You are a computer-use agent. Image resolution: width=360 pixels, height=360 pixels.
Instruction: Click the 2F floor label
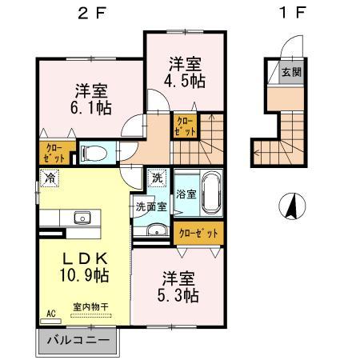point(92,14)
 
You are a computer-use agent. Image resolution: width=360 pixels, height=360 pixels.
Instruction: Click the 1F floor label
point(292,13)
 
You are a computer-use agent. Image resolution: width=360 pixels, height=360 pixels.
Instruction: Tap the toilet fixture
point(94,154)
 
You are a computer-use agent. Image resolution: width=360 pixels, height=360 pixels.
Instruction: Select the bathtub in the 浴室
point(212,193)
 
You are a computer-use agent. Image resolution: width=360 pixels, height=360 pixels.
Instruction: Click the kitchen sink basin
point(82,218)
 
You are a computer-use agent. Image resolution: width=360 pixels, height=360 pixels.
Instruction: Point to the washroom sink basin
point(157,230)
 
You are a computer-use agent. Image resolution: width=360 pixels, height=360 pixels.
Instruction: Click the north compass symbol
point(292,206)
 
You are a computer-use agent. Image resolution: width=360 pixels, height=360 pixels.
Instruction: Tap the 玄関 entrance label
point(292,72)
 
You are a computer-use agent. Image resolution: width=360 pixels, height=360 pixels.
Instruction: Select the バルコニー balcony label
point(78,341)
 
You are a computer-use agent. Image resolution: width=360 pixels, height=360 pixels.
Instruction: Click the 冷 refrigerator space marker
point(50,178)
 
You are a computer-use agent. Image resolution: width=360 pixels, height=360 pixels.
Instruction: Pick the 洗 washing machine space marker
point(157,178)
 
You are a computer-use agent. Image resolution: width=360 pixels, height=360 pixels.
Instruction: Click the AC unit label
point(51,314)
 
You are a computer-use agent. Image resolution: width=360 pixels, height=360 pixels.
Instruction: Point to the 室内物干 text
point(91,307)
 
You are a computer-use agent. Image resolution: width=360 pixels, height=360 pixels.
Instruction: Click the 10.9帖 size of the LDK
point(84,275)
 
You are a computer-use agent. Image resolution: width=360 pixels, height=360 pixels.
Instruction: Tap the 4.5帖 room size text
point(185,81)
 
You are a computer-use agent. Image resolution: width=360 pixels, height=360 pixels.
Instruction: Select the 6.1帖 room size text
point(91,108)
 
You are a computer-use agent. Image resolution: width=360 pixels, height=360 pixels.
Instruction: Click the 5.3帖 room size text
point(178,295)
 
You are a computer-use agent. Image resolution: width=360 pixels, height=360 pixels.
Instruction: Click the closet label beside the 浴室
point(198,234)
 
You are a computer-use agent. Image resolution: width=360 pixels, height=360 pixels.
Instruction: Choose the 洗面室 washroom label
point(151,206)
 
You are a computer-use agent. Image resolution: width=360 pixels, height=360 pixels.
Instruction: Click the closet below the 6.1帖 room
point(56,154)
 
